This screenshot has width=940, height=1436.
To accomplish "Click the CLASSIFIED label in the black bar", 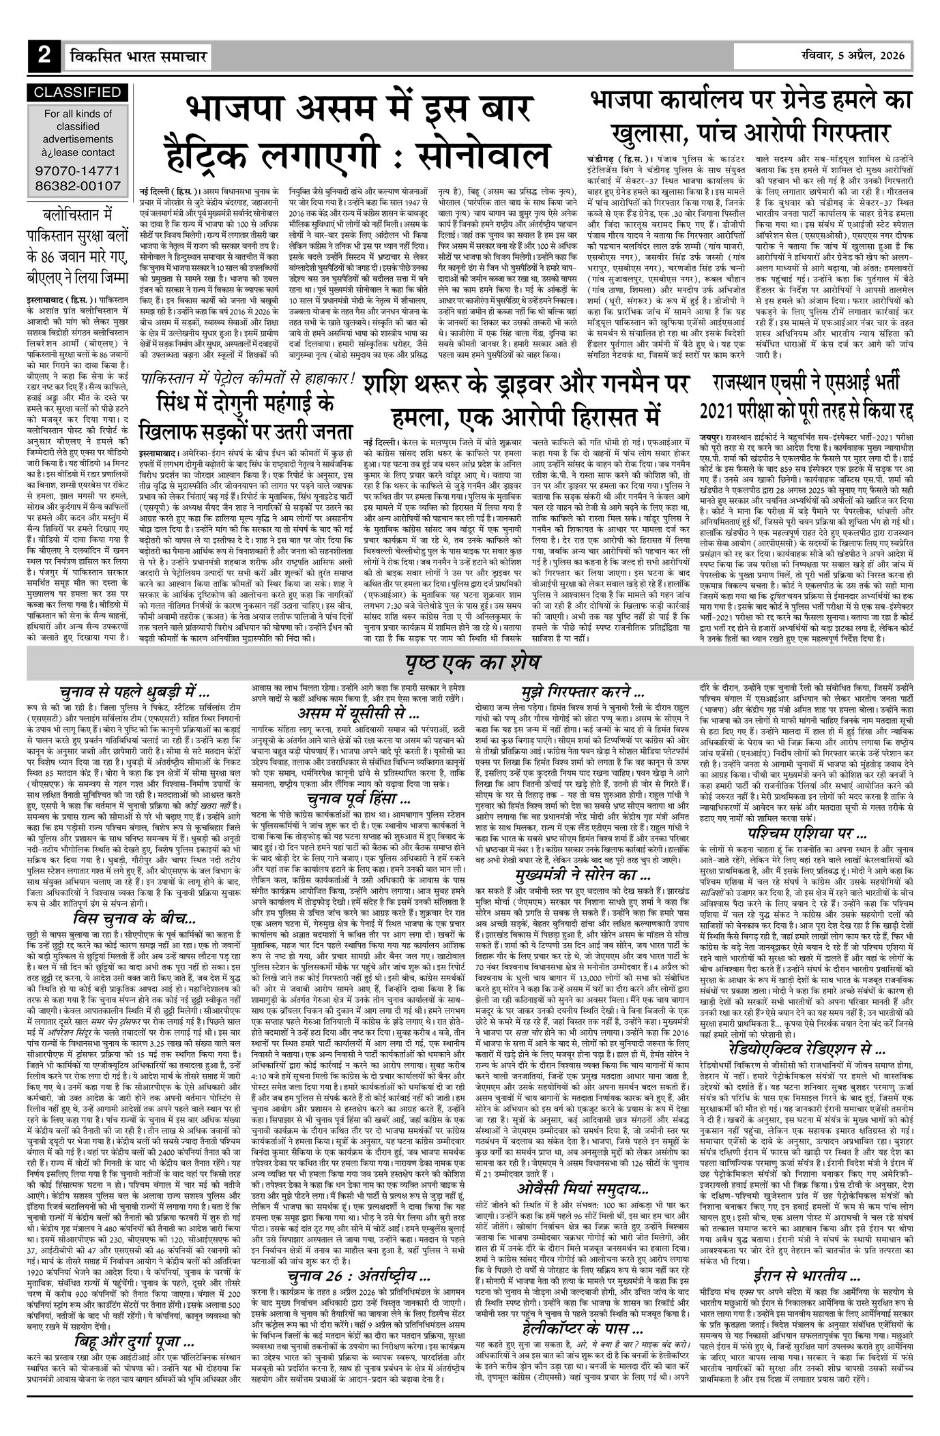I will tap(77, 92).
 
